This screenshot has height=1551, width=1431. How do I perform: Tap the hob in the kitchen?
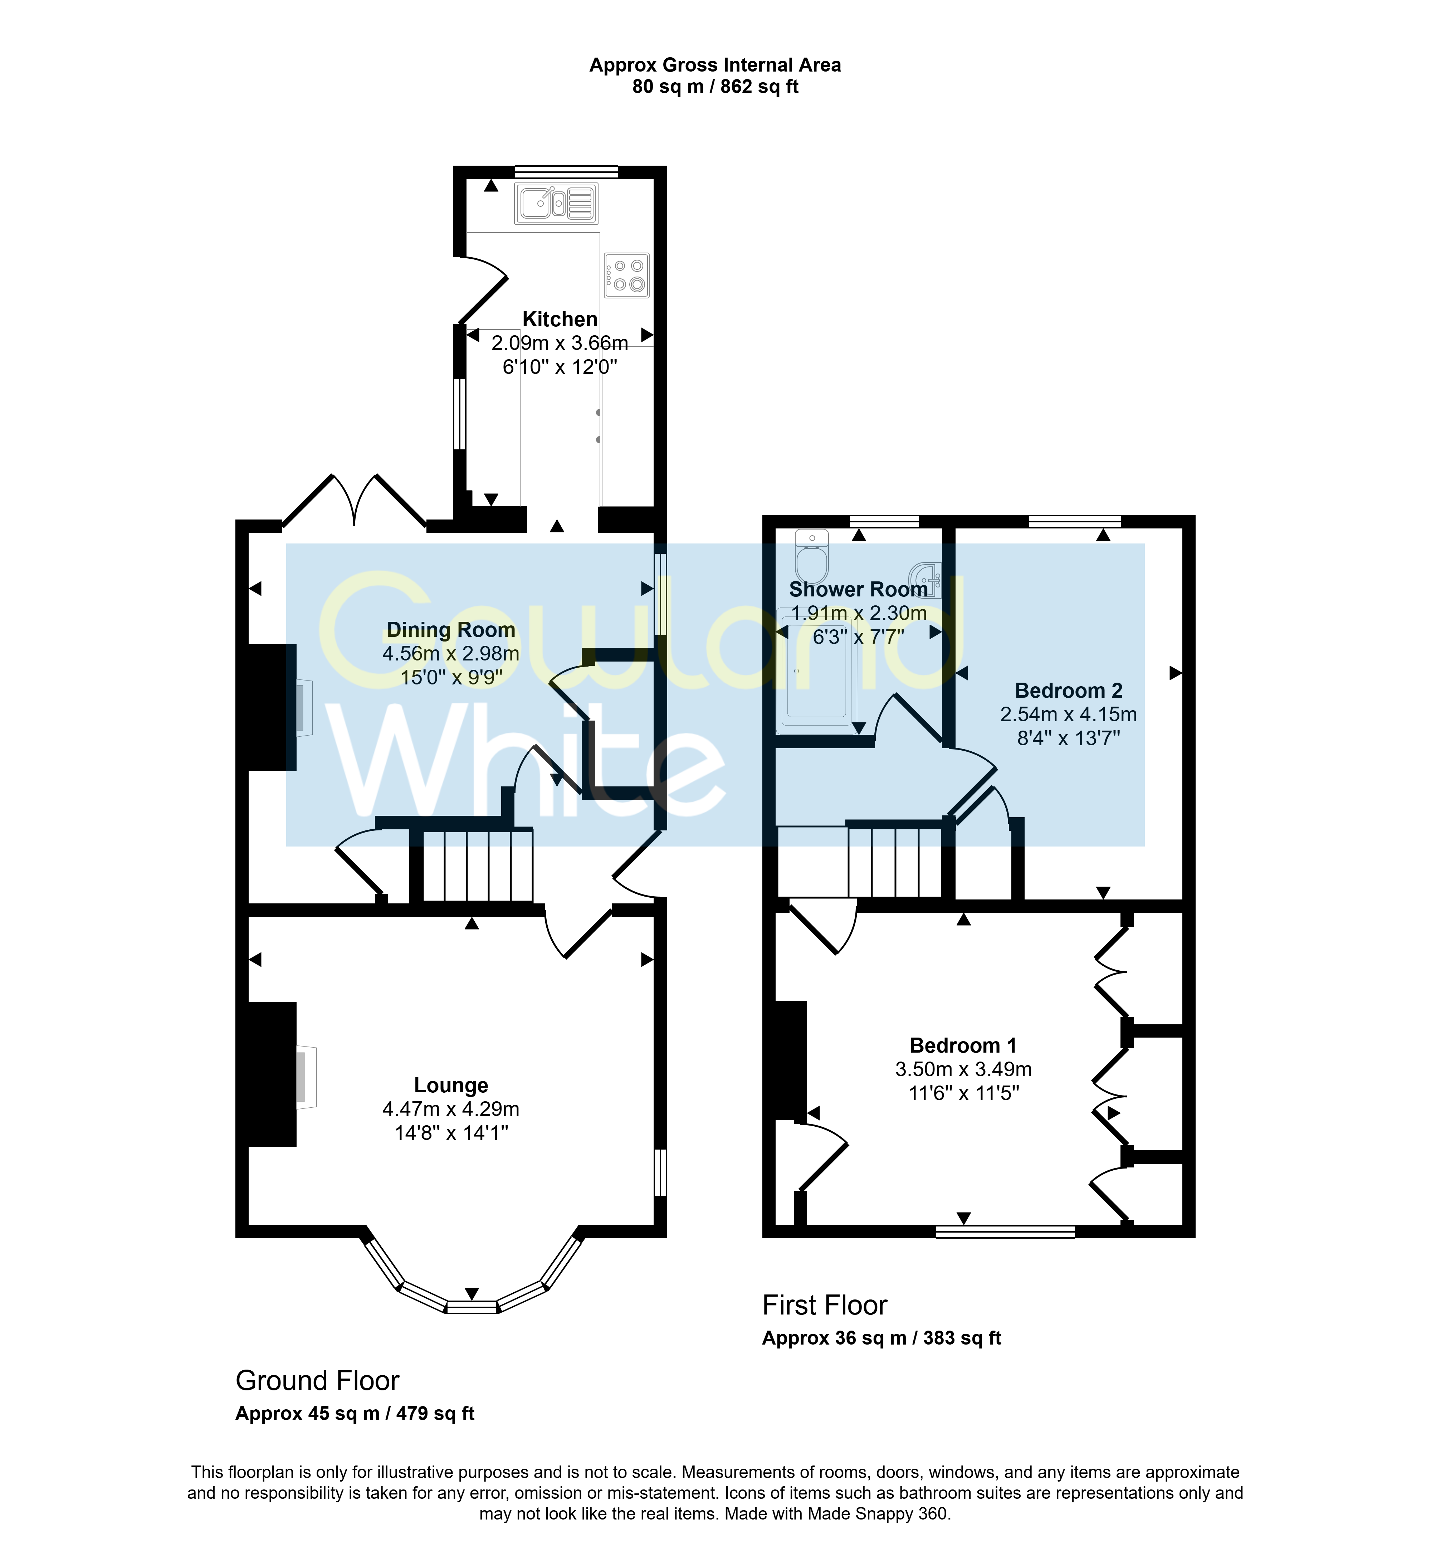tap(626, 275)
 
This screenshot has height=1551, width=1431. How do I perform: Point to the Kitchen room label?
tap(560, 319)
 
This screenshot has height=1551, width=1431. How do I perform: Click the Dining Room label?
tap(451, 630)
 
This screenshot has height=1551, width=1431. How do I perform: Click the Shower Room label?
tap(858, 589)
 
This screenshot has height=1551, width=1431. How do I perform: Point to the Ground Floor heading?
tap(317, 1381)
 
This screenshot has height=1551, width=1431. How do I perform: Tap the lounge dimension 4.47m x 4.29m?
tap(451, 1109)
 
